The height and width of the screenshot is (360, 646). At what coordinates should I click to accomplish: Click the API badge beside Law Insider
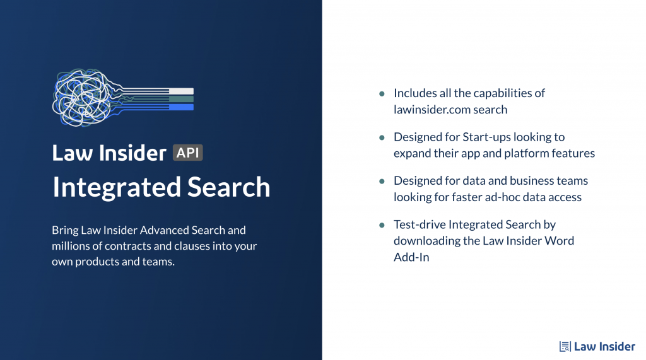tap(187, 153)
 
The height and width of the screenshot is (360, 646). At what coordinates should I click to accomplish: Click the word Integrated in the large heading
tap(117, 188)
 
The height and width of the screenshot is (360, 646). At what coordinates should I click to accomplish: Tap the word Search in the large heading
tap(229, 187)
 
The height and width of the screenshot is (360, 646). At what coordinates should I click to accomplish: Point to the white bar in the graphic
tap(181, 91)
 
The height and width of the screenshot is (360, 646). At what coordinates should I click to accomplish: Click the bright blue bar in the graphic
tap(181, 108)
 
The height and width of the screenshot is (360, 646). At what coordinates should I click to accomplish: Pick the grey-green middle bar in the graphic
tap(181, 99)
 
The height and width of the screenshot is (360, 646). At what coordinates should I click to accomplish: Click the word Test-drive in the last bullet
tap(420, 224)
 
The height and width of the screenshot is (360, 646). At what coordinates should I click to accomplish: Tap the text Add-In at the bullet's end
tap(411, 257)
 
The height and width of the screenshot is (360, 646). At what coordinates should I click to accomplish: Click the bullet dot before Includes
tap(382, 94)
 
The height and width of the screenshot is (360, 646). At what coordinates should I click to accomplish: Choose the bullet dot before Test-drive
tap(382, 225)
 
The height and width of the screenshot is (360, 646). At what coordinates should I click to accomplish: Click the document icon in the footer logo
tap(565, 346)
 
